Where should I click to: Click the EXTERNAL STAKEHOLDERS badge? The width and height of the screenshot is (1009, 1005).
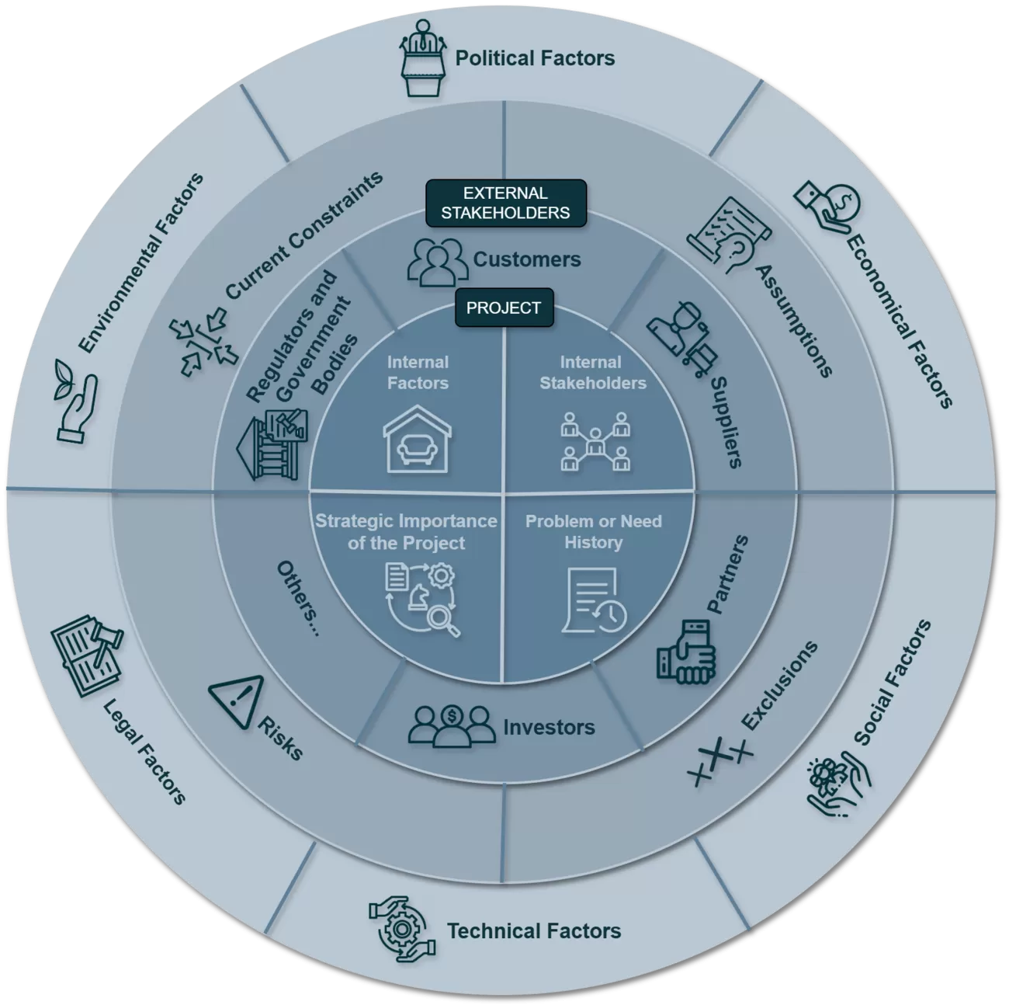tap(505, 203)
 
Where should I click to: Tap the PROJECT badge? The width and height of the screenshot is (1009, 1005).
tap(503, 308)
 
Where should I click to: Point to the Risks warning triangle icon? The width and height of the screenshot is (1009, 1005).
tap(238, 696)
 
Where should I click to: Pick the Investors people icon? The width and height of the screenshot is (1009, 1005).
tap(452, 726)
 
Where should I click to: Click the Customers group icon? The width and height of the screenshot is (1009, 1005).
tap(438, 260)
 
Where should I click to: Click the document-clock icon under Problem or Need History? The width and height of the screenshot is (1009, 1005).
tap(594, 600)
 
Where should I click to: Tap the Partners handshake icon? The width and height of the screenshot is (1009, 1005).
tap(685, 652)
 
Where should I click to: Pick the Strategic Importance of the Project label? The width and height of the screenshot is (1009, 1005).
tap(406, 532)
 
